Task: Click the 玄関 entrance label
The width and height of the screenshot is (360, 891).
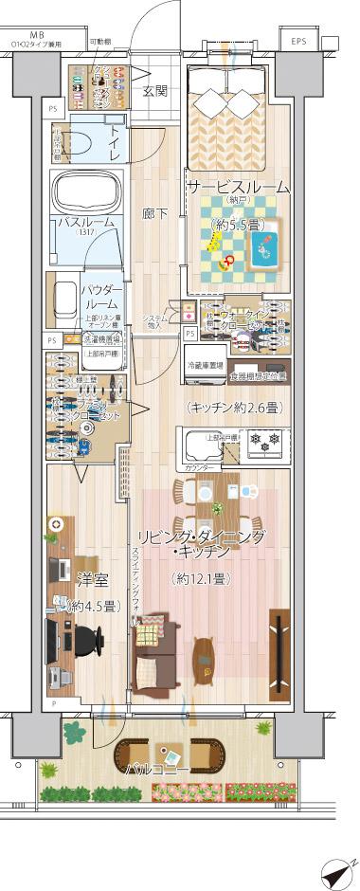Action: (x=154, y=92)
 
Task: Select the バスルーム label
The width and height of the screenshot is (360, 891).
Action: (x=86, y=222)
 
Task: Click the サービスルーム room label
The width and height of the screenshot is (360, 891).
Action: (x=238, y=188)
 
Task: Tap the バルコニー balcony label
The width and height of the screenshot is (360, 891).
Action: (x=155, y=769)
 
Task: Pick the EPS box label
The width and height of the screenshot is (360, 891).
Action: (x=299, y=43)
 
